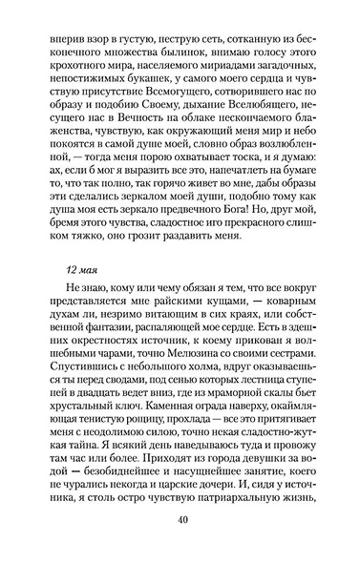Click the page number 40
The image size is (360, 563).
tap(180, 519)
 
